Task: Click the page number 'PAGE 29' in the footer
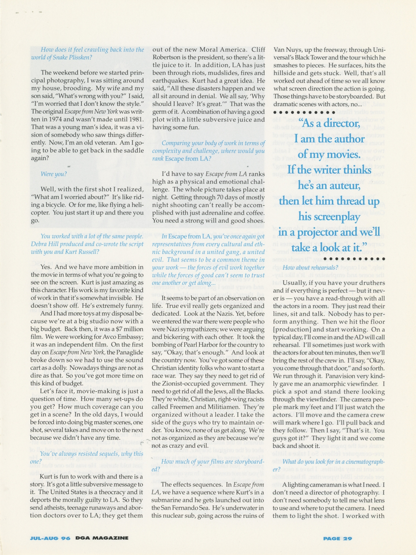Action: (x=337, y=538)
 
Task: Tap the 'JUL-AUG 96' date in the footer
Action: (x=50, y=538)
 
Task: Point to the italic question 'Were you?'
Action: (x=54, y=174)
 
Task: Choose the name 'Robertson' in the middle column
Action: (x=168, y=57)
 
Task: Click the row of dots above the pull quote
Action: (x=304, y=112)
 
